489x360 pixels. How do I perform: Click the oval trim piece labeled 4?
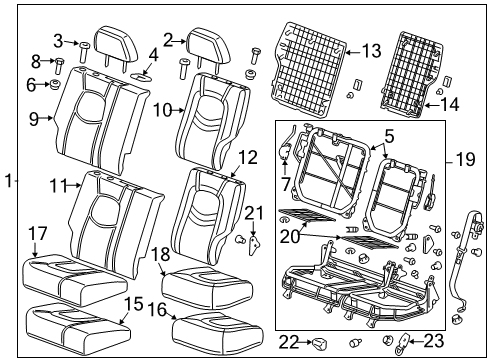[x=142, y=73]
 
